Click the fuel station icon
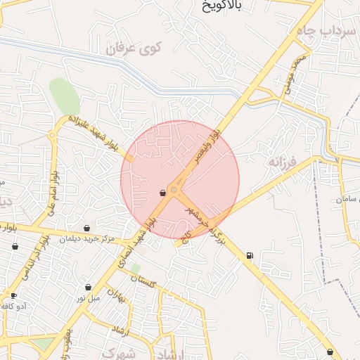[250, 255]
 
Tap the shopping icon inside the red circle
[162, 192]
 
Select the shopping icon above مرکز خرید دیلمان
[86, 228]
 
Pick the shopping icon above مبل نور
[88, 287]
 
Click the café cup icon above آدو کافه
[13, 295]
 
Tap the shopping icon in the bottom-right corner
[330, 352]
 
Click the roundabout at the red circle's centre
[174, 188]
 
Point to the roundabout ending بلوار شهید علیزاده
[53, 136]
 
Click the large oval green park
[64, 96]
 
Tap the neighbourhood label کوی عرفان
[134, 49]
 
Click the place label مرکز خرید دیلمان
[86, 239]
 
